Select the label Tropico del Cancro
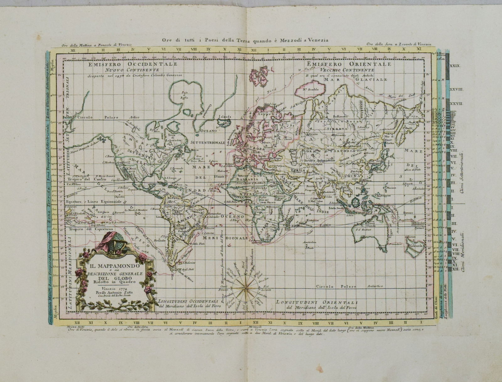[x=82, y=179]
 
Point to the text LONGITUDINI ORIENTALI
[x=317, y=302]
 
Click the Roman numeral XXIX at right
[x=455, y=66]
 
